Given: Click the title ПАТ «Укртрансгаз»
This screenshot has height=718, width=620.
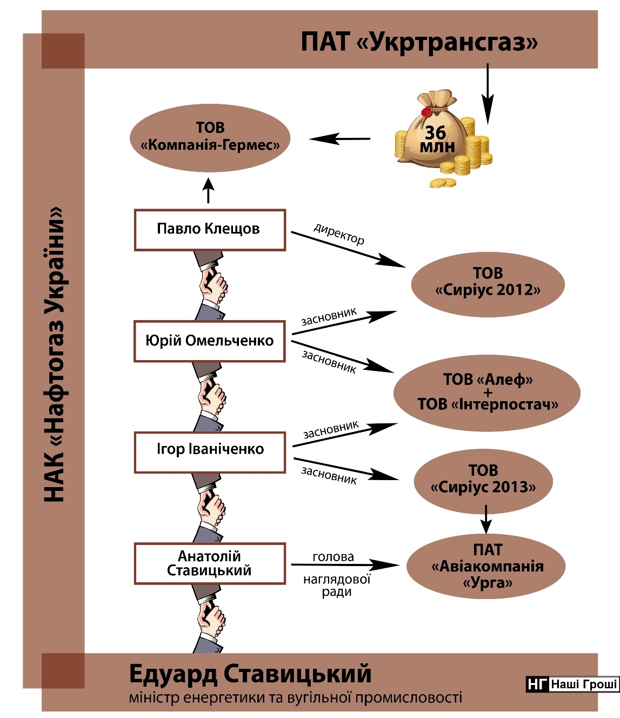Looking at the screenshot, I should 419,42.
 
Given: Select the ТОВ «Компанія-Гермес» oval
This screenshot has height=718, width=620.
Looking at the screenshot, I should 210,137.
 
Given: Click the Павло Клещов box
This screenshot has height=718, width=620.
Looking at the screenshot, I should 210,230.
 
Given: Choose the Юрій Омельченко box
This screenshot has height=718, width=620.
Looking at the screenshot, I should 210,341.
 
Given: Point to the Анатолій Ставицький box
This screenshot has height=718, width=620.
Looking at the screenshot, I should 210,563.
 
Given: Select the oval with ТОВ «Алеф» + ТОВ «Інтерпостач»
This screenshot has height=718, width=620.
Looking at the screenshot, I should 487,393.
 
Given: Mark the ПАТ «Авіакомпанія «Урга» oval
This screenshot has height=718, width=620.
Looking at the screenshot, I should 486,566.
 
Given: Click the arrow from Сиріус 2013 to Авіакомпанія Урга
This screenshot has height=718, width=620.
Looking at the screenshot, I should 486,520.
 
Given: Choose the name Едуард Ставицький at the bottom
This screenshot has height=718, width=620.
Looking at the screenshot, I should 250,674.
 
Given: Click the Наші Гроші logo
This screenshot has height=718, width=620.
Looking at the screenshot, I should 572,684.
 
